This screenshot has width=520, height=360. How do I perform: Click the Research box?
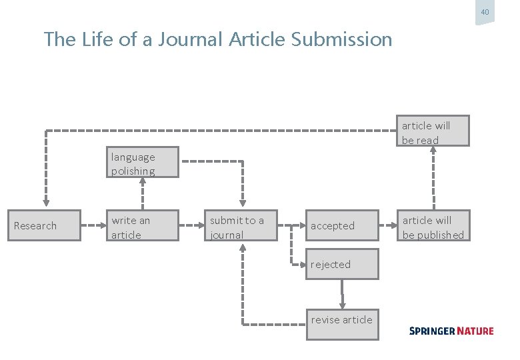click(43, 225)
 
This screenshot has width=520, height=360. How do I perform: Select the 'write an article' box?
click(143, 226)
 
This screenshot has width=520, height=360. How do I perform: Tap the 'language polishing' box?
click(143, 163)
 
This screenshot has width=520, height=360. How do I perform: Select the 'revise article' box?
click(342, 323)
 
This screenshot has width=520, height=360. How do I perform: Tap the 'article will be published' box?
click(434, 226)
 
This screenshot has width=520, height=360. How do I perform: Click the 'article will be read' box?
click(434, 131)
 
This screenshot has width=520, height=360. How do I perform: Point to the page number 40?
click(485, 13)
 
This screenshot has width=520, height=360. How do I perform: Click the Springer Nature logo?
click(451, 331)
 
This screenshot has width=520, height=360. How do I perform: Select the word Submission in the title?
click(341, 39)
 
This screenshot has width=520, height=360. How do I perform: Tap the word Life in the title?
click(98, 39)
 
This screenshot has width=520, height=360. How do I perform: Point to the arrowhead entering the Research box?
click(46, 203)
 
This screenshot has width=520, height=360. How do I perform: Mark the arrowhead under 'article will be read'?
click(434, 151)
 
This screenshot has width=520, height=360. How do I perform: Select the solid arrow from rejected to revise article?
click(343, 293)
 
